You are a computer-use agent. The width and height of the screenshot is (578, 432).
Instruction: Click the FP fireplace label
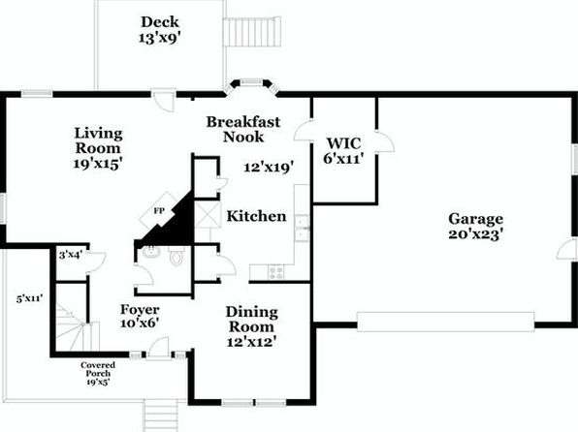159,211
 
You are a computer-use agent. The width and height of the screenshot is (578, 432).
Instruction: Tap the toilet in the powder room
177,256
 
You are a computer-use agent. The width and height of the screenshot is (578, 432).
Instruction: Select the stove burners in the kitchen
275,273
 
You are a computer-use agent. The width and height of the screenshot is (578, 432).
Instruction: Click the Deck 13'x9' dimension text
160,38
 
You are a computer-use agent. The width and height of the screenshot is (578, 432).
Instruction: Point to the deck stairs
252,32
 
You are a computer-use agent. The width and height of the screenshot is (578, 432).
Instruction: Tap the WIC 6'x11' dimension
343,159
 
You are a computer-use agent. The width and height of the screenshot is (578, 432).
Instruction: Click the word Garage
475,219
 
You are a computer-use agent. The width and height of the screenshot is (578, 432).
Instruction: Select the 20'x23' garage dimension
475,234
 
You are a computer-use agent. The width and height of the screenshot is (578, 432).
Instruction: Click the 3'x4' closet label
71,255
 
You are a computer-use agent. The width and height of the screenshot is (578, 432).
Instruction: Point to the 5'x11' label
30,298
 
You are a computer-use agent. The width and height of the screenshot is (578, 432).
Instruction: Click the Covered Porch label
98,369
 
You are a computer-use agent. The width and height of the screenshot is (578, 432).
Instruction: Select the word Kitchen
256,216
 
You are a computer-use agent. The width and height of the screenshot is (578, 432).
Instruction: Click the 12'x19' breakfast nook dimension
269,168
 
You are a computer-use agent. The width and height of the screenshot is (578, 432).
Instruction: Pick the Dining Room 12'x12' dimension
251,342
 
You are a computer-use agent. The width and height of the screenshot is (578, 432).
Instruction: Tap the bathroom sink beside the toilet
151,252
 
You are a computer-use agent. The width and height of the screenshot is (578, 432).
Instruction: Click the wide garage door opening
446,322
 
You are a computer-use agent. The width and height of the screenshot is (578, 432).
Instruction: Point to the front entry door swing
159,348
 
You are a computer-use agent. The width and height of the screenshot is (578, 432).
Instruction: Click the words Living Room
98,140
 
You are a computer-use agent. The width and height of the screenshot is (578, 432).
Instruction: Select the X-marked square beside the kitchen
208,214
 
